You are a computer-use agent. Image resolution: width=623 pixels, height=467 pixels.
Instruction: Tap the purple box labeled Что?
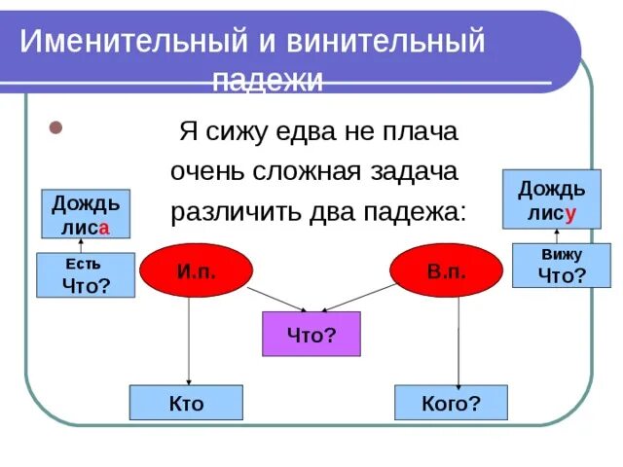311,334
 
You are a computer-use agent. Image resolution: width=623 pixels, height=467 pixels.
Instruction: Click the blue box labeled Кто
186,403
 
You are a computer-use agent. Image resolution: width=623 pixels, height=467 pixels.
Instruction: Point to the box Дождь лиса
86,214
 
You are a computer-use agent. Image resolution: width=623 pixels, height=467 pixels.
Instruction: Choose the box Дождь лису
551,198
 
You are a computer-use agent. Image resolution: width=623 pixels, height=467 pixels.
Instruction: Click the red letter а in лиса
103,226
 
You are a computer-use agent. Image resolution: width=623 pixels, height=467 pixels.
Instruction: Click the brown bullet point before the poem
55,128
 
